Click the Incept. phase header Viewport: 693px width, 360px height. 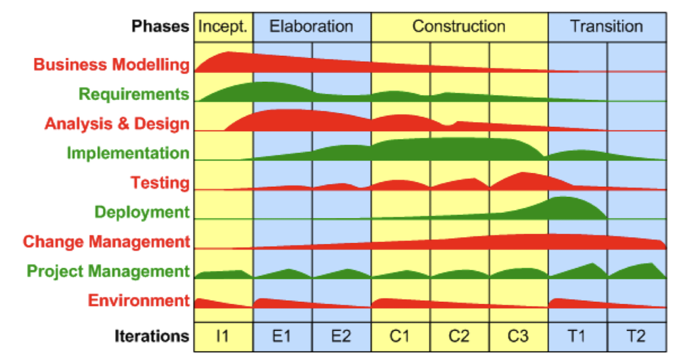point(223,27)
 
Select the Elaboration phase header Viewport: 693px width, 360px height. point(311,27)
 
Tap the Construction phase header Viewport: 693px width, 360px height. point(459,27)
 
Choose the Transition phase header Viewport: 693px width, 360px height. point(606,27)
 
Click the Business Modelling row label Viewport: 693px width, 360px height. point(112,65)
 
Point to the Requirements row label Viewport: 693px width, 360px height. point(134,94)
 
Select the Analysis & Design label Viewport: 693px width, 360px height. point(117,124)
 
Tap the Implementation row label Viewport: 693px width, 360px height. point(128,153)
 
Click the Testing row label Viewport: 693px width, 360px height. point(160,183)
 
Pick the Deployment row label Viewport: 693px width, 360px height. point(142,212)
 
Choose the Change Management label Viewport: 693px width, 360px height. point(106,241)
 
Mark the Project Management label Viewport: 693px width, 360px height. point(108,271)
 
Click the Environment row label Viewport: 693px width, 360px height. point(139,301)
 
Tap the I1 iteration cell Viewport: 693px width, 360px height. point(223,336)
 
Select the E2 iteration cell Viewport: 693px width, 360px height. point(341,336)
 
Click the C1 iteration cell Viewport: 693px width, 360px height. point(400,336)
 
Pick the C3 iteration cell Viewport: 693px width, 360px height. point(518,336)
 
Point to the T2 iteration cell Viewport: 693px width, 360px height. point(636,336)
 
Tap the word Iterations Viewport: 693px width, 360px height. point(151,336)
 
